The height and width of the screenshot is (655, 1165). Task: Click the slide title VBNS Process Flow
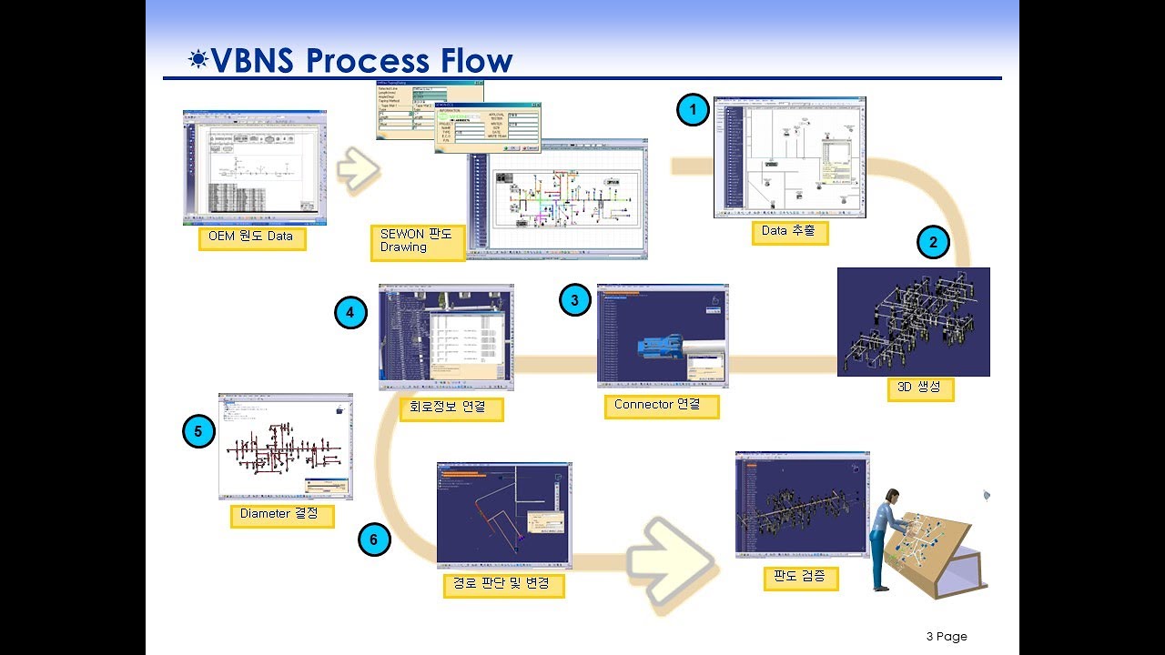tap(361, 60)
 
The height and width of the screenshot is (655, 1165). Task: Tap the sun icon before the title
tap(198, 60)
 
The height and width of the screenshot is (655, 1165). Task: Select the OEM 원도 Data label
tap(251, 238)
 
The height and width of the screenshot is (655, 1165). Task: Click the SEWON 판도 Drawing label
tap(417, 241)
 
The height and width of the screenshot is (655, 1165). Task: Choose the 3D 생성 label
tap(920, 388)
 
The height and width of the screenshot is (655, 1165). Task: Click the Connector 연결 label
tap(661, 406)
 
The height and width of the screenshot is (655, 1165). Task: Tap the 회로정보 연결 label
tap(451, 408)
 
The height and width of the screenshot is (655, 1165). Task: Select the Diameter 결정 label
tap(281, 515)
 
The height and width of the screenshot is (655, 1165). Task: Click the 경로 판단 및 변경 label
tap(501, 584)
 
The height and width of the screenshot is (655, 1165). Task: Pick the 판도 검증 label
tap(800, 578)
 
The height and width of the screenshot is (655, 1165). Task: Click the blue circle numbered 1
tap(693, 111)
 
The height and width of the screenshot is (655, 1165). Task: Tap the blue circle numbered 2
tap(933, 243)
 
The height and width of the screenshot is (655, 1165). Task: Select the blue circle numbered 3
tap(574, 300)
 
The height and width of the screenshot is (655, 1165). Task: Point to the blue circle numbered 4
tap(350, 314)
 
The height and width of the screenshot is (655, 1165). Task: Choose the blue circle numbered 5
tap(198, 431)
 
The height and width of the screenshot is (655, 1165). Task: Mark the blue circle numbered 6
tap(373, 539)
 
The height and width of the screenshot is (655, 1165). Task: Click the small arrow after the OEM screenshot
tap(357, 169)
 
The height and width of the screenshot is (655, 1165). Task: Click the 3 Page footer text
tap(947, 637)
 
